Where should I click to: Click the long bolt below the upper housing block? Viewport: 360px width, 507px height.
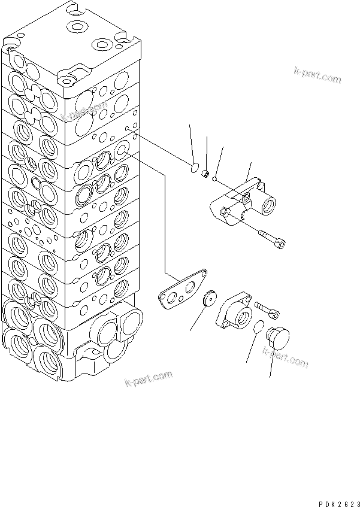pyautogui.click(x=269, y=238)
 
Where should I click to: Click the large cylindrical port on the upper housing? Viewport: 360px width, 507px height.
pyautogui.click(x=270, y=207)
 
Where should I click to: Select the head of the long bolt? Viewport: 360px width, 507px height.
pyautogui.click(x=281, y=242)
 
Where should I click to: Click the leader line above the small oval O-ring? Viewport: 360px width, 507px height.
pyautogui.click(x=192, y=144)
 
